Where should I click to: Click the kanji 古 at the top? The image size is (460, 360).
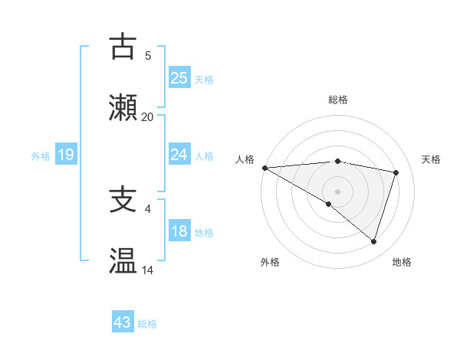pyautogui.click(x=123, y=47)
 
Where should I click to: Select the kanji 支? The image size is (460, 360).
pyautogui.click(x=123, y=201)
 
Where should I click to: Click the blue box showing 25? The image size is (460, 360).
pyautogui.click(x=179, y=77)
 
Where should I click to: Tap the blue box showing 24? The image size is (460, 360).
pyautogui.click(x=179, y=155)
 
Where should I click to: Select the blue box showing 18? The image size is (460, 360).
pyautogui.click(x=179, y=231)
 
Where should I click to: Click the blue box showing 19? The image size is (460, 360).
pyautogui.click(x=65, y=155)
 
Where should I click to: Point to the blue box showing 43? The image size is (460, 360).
pyautogui.click(x=123, y=322)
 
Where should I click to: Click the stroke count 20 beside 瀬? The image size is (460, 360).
pyautogui.click(x=147, y=117)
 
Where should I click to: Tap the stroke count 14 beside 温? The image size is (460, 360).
pyautogui.click(x=147, y=270)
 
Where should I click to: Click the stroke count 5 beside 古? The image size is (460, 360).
pyautogui.click(x=147, y=56)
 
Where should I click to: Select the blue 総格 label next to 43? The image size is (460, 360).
pyautogui.click(x=147, y=324)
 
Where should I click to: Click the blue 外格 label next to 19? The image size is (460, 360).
pyautogui.click(x=41, y=156)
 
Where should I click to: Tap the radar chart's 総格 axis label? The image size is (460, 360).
pyautogui.click(x=337, y=100)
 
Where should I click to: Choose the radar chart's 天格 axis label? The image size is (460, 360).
pyautogui.click(x=431, y=159)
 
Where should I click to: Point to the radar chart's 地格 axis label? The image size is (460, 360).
pyautogui.click(x=402, y=262)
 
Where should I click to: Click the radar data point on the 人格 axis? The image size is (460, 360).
pyautogui.click(x=264, y=167)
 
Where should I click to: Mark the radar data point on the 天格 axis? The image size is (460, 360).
pyautogui.click(x=396, y=172)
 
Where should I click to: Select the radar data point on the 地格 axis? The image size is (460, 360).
pyautogui.click(x=373, y=241)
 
